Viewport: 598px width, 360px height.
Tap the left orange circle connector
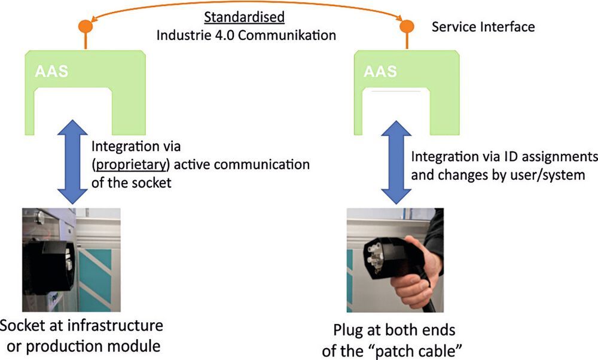86,27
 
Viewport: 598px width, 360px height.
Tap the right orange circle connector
407,27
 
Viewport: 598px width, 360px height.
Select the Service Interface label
483,27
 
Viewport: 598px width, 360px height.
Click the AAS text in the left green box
51,72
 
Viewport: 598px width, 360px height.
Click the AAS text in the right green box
380,72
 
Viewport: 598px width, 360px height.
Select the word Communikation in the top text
289,35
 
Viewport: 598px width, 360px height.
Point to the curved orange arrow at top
246,7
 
